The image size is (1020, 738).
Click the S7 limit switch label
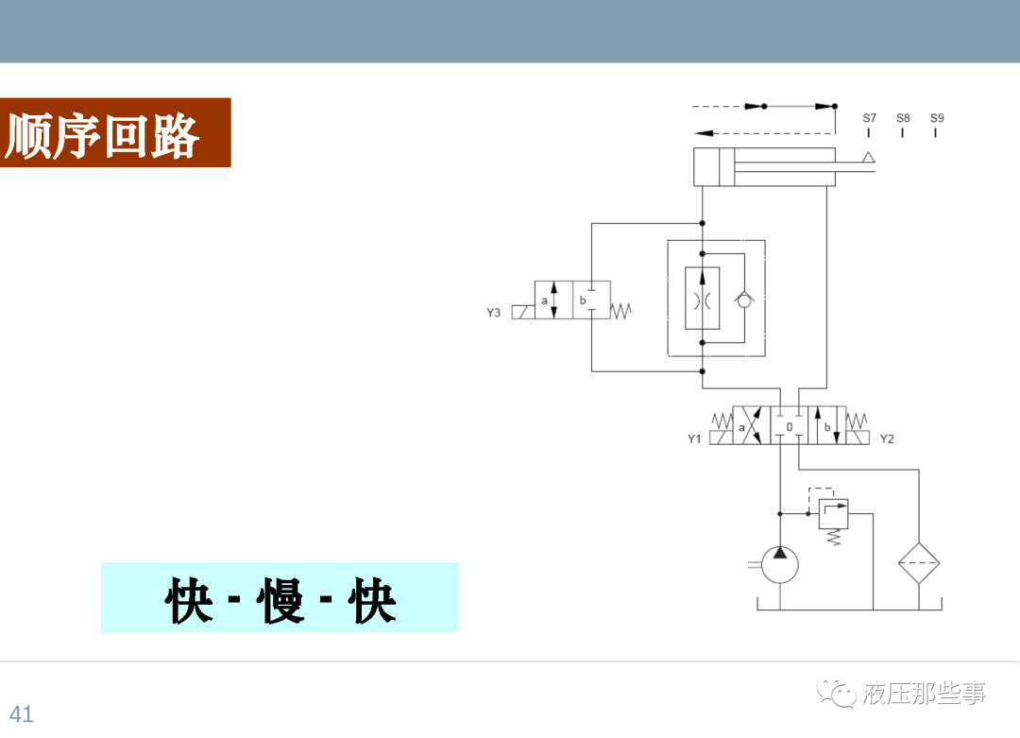tap(869, 119)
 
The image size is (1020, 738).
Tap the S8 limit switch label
tap(903, 119)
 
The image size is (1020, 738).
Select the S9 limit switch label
tap(937, 119)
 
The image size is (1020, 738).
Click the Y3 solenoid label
tap(494, 313)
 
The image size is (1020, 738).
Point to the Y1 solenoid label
tap(694, 438)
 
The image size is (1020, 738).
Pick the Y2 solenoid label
tap(887, 438)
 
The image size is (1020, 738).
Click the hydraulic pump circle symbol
tap(780, 565)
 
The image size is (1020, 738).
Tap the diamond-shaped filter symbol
tap(919, 564)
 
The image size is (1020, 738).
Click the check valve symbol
tap(744, 299)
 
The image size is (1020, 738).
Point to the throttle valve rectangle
tap(702, 299)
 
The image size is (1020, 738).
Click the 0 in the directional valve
tap(790, 428)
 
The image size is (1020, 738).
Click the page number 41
tap(22, 714)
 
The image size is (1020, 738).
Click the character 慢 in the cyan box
tap(280, 599)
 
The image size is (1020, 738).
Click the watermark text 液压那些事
tap(924, 694)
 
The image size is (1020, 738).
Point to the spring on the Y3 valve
tap(621, 309)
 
